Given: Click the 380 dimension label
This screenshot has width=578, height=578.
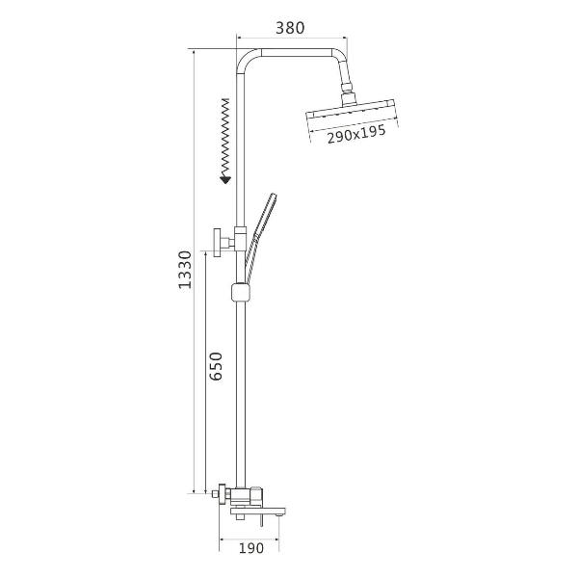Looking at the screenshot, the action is pos(290,28).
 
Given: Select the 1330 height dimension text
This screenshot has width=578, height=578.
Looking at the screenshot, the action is pos(185,270).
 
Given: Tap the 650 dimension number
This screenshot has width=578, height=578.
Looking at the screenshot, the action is pos(216,366).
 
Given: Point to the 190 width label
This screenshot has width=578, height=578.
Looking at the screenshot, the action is pos(251,548).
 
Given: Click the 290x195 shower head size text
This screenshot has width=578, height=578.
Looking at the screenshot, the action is pos(356,134).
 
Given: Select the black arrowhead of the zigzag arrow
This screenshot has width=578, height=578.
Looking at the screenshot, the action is pos(225,180).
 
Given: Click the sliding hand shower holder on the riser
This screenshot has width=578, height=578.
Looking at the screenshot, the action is pos(241,293).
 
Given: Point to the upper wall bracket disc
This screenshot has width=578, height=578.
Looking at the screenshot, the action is pos(217,242).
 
